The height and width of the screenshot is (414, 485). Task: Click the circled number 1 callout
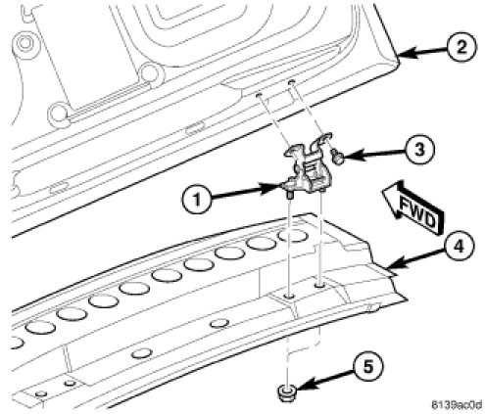click(x=196, y=199)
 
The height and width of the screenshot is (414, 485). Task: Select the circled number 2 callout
click(x=461, y=48)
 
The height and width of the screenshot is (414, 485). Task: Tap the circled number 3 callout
click(x=419, y=150)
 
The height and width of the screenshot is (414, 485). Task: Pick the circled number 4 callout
click(x=459, y=246)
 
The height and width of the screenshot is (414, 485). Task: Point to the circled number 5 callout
click(x=368, y=367)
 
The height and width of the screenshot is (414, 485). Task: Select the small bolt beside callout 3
click(x=337, y=156)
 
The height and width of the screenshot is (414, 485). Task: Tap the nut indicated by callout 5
click(x=287, y=392)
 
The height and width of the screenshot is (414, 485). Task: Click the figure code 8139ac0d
click(x=457, y=405)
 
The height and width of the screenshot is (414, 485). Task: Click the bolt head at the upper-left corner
click(x=24, y=43)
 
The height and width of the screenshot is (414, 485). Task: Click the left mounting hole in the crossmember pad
click(x=289, y=297)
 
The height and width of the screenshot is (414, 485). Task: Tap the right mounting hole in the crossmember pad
click(x=319, y=285)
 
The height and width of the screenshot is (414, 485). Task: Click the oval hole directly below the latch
click(x=292, y=236)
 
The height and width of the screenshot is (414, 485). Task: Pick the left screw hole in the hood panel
click(x=259, y=94)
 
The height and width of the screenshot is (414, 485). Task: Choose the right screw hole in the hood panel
click(x=292, y=81)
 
